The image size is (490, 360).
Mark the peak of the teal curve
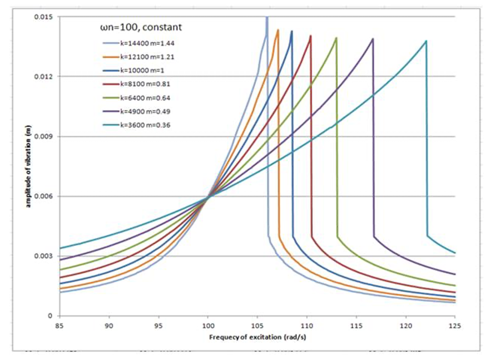click(x=426, y=41)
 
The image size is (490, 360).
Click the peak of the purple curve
click(x=373, y=38)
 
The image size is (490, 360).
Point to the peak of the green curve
click(x=336, y=37)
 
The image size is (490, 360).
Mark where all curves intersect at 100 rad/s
click(x=208, y=196)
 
